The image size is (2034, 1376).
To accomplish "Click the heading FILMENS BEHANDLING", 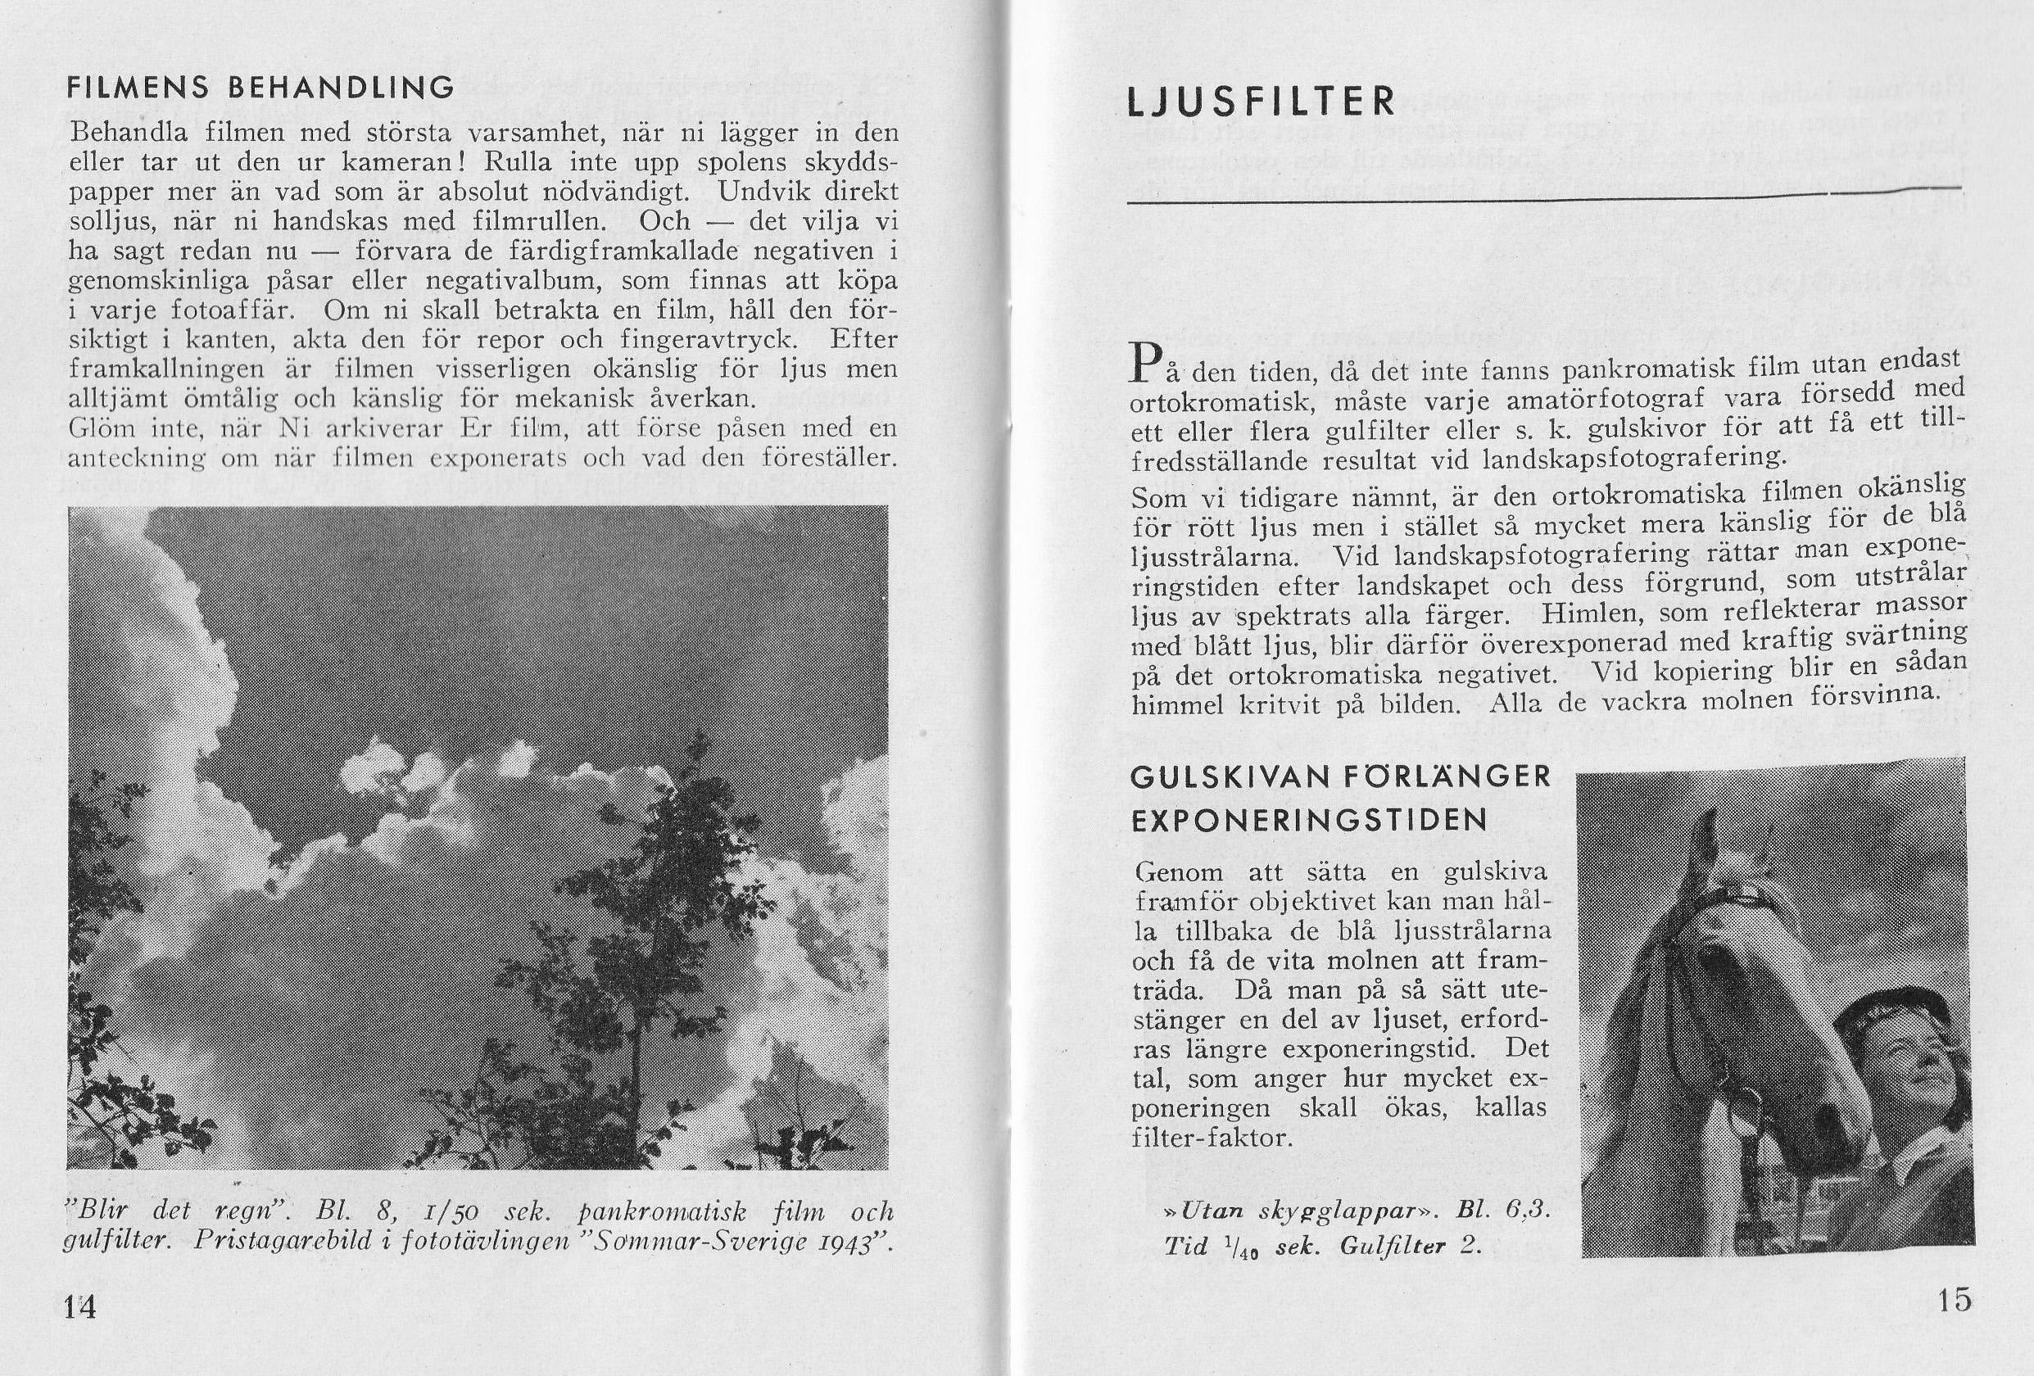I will (x=260, y=88).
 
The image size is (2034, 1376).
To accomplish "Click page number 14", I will (x=81, y=1308).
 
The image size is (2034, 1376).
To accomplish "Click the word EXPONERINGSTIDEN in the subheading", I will (x=1310, y=820).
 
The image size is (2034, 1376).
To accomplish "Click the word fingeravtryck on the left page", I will (x=714, y=340).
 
